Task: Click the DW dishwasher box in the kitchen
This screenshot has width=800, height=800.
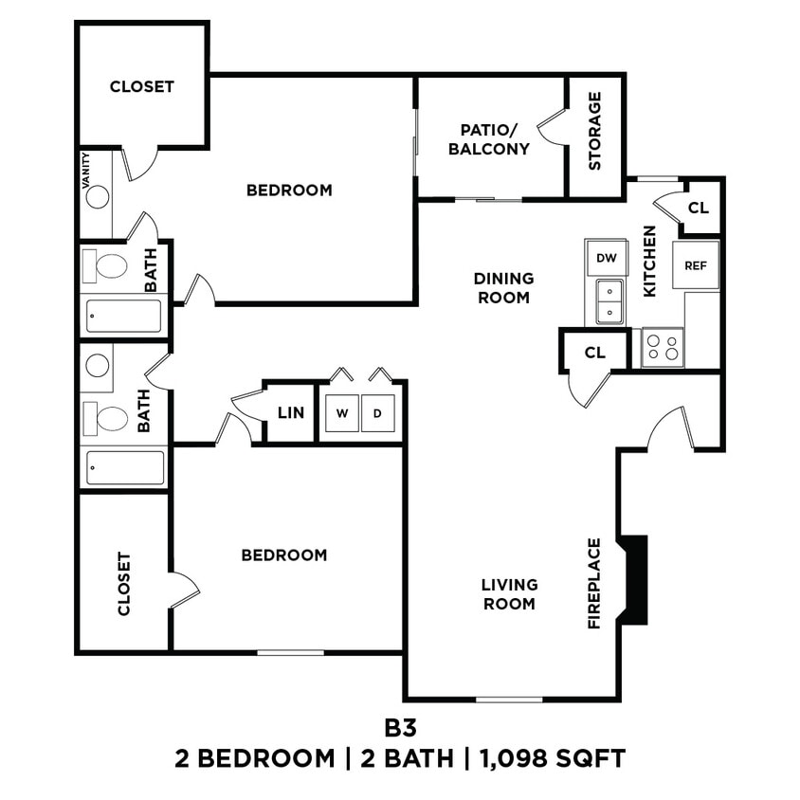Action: coord(606,257)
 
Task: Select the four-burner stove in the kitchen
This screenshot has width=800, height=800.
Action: coord(663,348)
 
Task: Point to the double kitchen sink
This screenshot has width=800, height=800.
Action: coord(607,301)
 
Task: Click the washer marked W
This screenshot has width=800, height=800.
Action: coord(341,413)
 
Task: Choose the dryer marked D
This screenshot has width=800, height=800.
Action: coord(377,413)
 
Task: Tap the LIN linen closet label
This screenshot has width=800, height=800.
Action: coord(290,413)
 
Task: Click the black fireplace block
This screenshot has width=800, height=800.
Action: coord(635,580)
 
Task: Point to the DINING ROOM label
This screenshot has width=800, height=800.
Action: coord(503,288)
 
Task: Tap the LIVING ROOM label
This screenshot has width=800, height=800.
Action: coord(509,594)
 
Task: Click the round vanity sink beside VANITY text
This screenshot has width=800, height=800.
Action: coord(98,196)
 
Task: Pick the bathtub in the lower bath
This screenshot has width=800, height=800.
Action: coord(125,467)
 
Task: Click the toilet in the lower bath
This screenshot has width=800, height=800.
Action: coord(109,417)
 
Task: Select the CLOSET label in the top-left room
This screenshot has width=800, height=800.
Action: coord(142,86)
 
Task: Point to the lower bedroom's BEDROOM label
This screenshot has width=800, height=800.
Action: coord(283,555)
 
